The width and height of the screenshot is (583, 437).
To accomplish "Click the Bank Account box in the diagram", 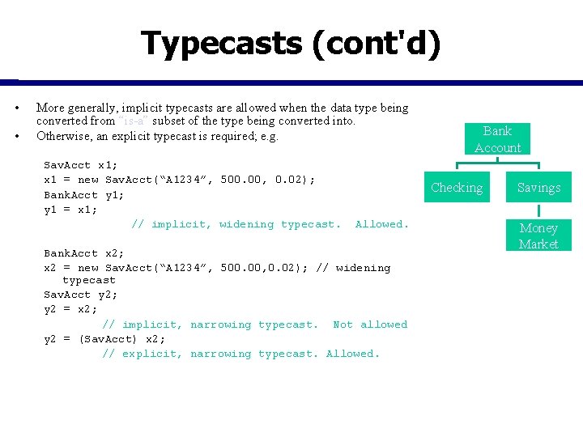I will (x=497, y=139).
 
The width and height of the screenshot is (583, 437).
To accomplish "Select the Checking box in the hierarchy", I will (x=457, y=188).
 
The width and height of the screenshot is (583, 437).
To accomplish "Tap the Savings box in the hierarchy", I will (x=538, y=188).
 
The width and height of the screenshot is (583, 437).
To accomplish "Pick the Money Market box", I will (x=538, y=235).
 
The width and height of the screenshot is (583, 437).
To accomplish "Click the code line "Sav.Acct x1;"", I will (x=80, y=165).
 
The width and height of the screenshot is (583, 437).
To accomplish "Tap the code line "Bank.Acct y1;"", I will (x=83, y=195).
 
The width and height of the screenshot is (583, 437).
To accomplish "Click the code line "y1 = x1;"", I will (x=70, y=210).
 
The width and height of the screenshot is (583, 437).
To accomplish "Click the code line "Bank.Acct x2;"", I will (x=83, y=253).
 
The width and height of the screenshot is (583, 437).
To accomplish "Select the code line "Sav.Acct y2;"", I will (x=80, y=295).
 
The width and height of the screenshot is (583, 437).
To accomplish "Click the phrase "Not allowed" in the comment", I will (x=370, y=325).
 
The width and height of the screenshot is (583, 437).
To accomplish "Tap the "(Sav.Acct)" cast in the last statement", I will (x=108, y=339).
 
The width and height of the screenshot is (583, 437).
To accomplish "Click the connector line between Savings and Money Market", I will (x=538, y=210).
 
